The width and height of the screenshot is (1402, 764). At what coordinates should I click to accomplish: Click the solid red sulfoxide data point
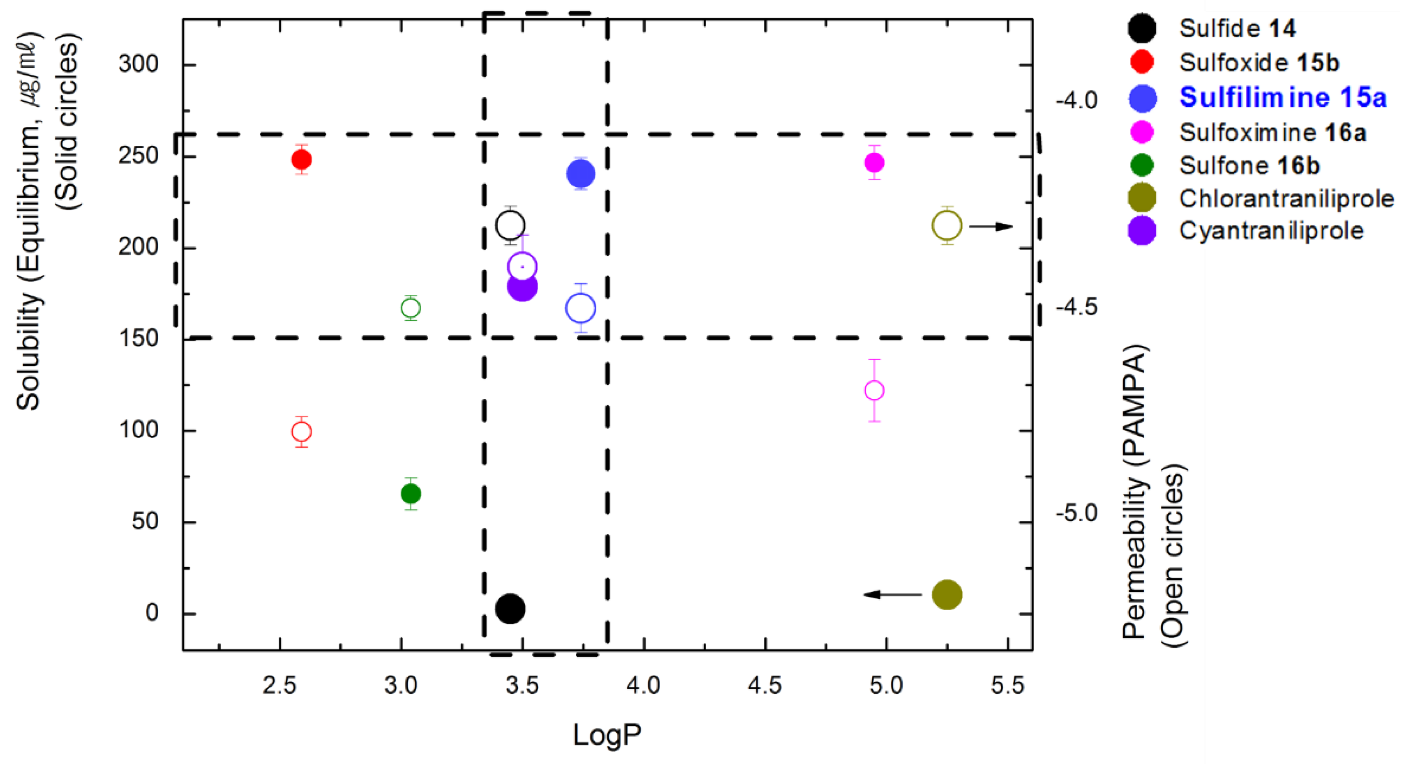302,159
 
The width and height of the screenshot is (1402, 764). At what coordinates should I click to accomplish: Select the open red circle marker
302,432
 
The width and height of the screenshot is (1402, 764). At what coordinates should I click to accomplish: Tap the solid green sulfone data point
411,494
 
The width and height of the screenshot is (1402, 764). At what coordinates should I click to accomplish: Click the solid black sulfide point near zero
510,608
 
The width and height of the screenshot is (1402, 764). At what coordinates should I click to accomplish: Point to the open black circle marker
510,225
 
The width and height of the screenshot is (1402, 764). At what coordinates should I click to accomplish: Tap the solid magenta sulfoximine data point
874,162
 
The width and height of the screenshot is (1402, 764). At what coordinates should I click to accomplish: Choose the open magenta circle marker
874,391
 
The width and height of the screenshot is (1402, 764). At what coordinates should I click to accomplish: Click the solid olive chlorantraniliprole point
947,594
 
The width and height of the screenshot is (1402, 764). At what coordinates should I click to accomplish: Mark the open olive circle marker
947,225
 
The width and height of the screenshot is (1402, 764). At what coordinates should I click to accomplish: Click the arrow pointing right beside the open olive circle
991,226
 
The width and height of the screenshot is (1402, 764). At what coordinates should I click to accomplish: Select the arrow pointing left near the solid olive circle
893,594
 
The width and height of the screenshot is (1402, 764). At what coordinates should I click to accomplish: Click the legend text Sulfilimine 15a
1282,97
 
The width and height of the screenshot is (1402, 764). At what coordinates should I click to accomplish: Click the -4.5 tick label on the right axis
1076,308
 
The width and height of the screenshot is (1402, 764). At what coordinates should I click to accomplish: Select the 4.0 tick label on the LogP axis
643,685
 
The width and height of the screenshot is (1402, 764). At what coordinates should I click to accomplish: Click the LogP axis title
607,735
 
